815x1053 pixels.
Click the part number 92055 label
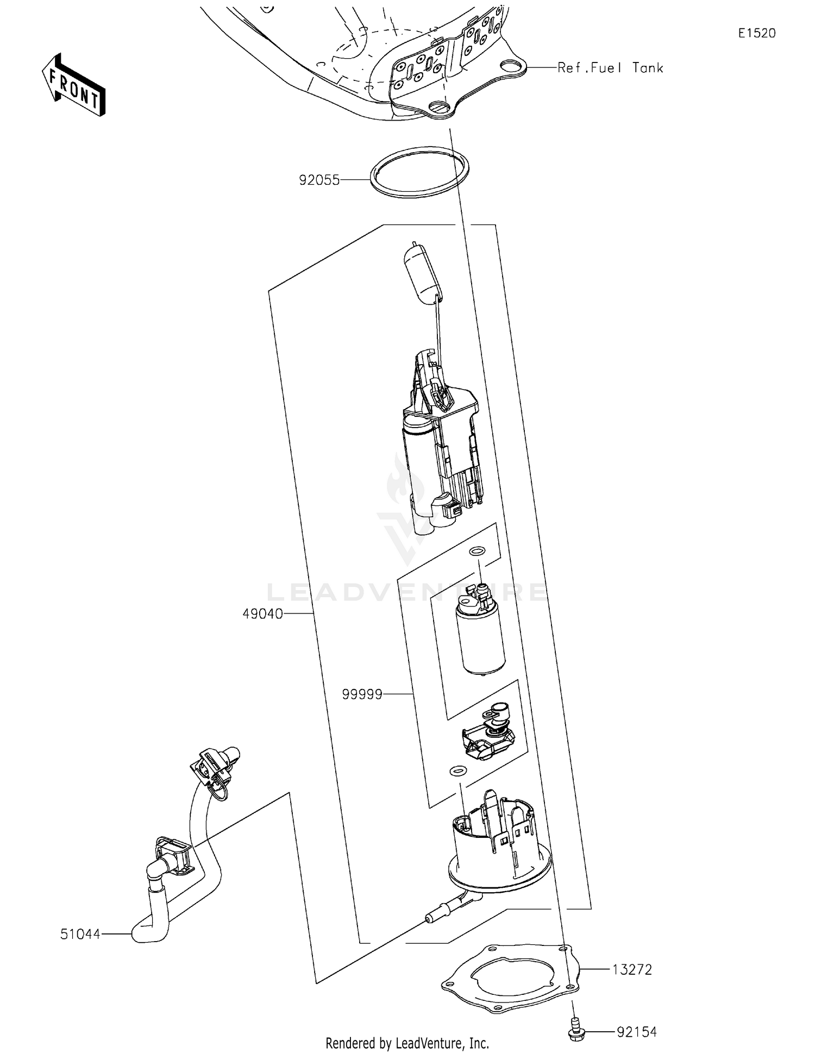(319, 180)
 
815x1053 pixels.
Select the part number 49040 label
(262, 614)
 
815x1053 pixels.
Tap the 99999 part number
(362, 694)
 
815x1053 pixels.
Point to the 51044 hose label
(80, 934)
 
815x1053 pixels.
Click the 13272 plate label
(632, 969)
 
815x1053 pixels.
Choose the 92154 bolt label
(636, 1031)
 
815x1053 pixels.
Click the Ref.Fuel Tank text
(610, 68)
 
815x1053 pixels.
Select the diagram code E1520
(756, 33)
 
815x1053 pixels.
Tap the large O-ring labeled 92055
(419, 172)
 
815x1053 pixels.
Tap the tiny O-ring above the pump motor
(476, 551)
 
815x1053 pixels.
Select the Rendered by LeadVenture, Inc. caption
(407, 1043)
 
